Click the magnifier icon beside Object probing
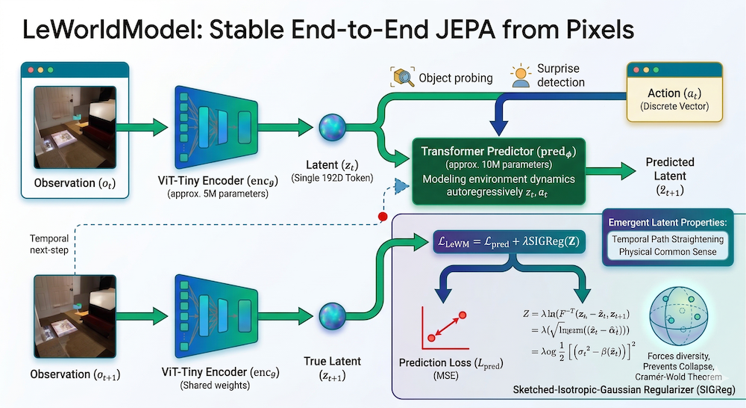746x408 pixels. pos(401,76)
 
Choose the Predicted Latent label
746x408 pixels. pos(670,175)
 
